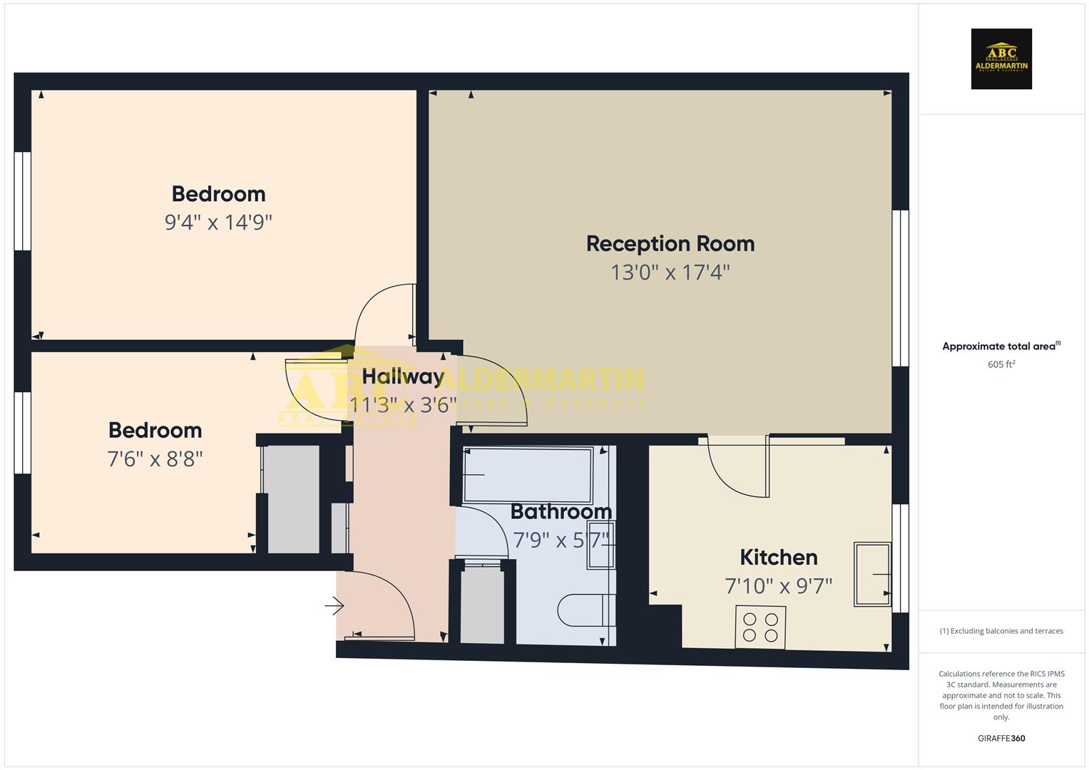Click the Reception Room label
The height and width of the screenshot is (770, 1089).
pyautogui.click(x=670, y=244)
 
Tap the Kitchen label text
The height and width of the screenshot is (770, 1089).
pyautogui.click(x=778, y=558)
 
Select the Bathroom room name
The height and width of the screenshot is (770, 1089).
pyautogui.click(x=561, y=512)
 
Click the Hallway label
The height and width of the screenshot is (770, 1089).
pyautogui.click(x=403, y=376)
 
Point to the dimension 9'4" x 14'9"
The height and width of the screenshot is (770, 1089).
pyautogui.click(x=218, y=222)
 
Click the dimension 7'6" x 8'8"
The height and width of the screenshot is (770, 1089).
pyautogui.click(x=155, y=458)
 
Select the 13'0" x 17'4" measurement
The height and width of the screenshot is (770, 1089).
pyautogui.click(x=670, y=272)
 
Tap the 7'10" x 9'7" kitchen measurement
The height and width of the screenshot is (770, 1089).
pyautogui.click(x=778, y=586)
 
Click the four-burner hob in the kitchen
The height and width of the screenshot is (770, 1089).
pyautogui.click(x=760, y=627)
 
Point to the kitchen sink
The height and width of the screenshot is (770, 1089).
pyautogui.click(x=872, y=574)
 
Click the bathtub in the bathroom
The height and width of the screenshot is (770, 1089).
pyautogui.click(x=528, y=475)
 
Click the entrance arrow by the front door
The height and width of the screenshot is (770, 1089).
pyautogui.click(x=334, y=606)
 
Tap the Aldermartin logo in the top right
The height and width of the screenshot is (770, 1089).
pyautogui.click(x=1001, y=58)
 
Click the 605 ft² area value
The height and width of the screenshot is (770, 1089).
pyautogui.click(x=1001, y=364)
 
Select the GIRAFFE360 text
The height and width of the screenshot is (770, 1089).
pyautogui.click(x=1001, y=739)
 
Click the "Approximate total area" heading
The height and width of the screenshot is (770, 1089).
pyautogui.click(x=1001, y=346)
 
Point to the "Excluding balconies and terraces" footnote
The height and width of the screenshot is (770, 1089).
pyautogui.click(x=1001, y=631)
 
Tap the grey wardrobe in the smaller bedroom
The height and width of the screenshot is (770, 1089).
pyautogui.click(x=292, y=499)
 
